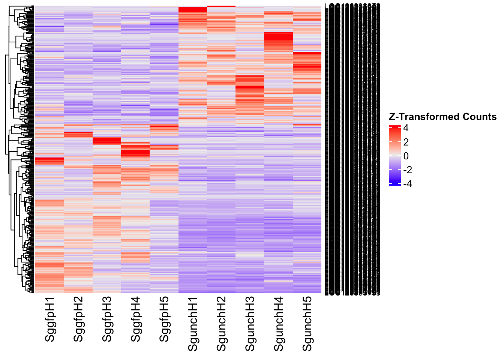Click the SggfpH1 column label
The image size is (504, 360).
pos(50,319)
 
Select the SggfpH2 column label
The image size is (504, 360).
pos(78,319)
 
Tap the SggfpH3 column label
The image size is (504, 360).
pos(107,319)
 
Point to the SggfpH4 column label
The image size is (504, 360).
pos(136,319)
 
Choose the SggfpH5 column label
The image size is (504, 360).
pos(164,319)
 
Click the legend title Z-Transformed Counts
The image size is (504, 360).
pos(442,117)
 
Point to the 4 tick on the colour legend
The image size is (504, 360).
pos(406,128)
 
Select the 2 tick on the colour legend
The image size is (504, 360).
pos(406,142)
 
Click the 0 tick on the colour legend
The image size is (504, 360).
pos(406,156)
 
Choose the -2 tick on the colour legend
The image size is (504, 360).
pos(408,170)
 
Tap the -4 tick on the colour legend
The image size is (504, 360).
pos(408,184)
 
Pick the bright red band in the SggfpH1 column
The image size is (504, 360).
pos(49,161)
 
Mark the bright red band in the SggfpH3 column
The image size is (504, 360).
pos(107,141)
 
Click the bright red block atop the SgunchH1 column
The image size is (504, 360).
pos(192,9)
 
